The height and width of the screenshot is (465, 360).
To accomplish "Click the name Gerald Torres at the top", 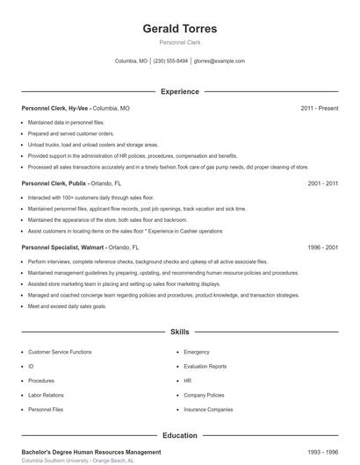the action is (180, 29).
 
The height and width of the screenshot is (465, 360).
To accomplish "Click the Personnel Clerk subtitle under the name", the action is (180, 42).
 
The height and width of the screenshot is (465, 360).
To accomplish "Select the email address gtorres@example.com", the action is (220, 61).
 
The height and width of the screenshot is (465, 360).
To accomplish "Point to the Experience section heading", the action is (180, 91).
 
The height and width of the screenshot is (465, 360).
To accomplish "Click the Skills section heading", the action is (180, 333).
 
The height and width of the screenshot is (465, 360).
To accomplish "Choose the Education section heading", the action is (180, 435).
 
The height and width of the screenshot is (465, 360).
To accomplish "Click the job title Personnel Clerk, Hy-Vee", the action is (55, 108).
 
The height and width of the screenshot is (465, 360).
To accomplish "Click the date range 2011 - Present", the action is (319, 108).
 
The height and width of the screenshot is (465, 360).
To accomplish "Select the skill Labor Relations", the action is (45, 395).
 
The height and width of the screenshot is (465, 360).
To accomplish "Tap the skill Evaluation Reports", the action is (205, 366).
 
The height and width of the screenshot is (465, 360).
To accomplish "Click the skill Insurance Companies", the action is (208, 409).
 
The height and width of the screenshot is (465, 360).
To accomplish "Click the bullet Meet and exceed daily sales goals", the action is (67, 306).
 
